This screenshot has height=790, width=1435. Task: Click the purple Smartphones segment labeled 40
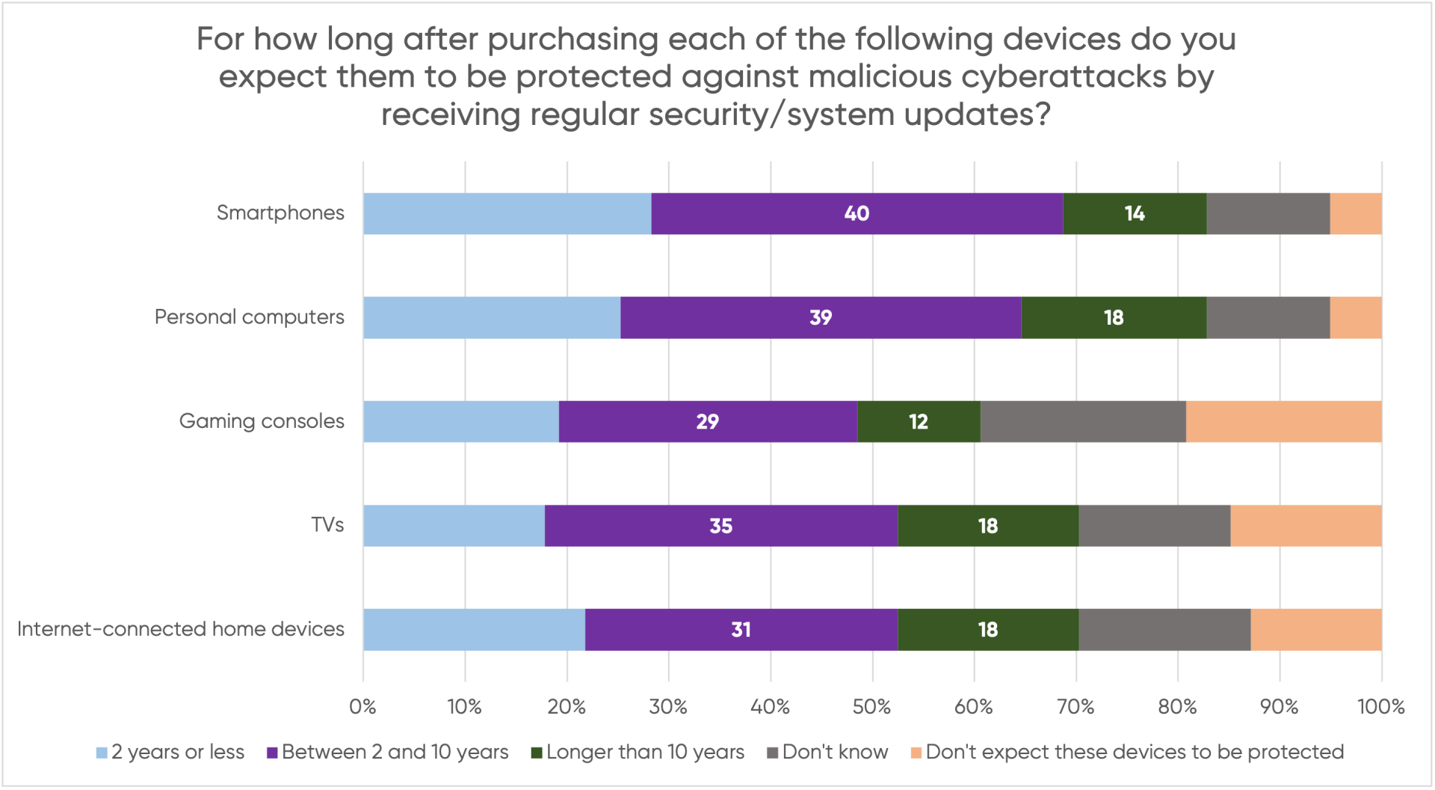[857, 214]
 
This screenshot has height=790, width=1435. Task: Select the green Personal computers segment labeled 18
[1114, 318]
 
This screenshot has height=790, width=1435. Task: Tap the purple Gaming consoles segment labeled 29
[708, 422]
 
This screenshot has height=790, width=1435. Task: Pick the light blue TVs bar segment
[454, 526]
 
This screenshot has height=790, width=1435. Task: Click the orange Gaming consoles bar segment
[1283, 422]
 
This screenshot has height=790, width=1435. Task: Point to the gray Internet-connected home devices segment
[1164, 630]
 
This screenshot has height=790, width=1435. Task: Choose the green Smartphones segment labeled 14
[1135, 214]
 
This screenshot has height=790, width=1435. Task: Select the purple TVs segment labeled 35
[721, 526]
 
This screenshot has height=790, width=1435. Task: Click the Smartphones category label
[280, 213]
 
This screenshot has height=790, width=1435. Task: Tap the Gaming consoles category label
[262, 421]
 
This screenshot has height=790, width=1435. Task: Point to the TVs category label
[327, 525]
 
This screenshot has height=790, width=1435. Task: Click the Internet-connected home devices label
[181, 629]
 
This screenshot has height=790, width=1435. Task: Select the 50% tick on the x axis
[871, 707]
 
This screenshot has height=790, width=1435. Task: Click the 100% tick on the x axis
[1380, 707]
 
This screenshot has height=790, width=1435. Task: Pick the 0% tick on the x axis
[363, 707]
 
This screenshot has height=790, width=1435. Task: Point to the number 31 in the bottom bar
[741, 630]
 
